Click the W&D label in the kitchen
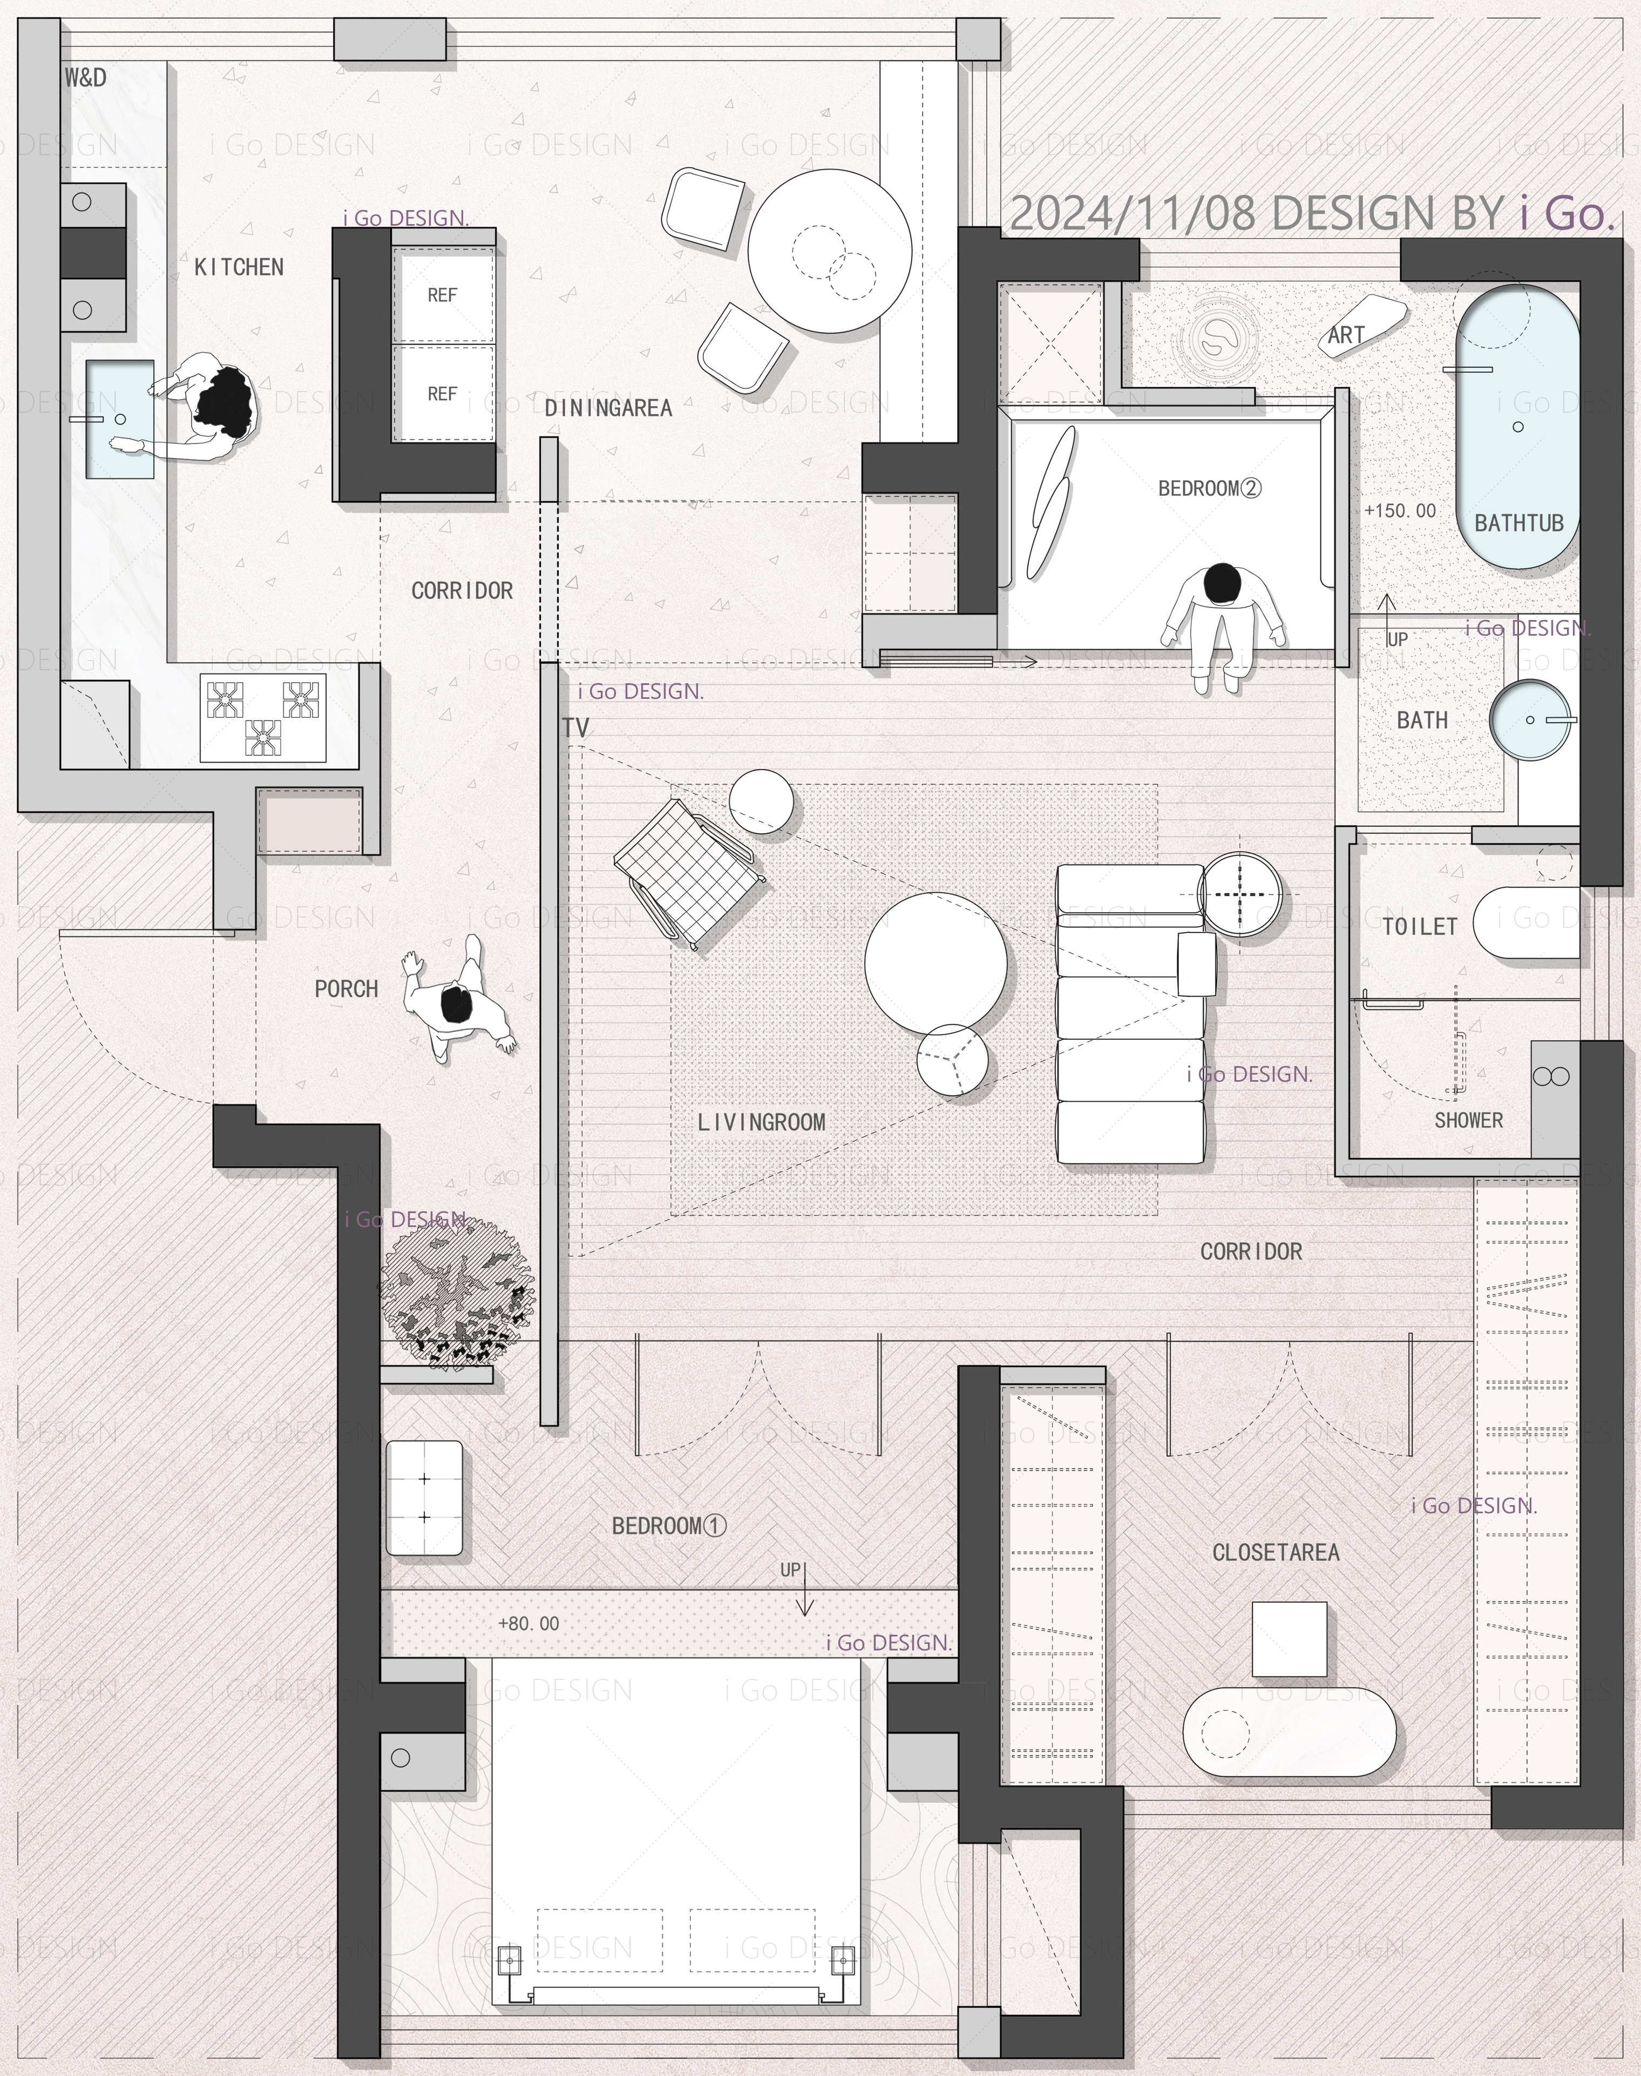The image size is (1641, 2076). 85,78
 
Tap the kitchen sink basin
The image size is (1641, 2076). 120,419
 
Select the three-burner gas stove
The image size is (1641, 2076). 262,718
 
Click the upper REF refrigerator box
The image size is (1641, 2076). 442,295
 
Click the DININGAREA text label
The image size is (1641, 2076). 608,408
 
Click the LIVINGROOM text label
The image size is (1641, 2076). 761,1122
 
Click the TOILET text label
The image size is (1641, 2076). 1420,927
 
